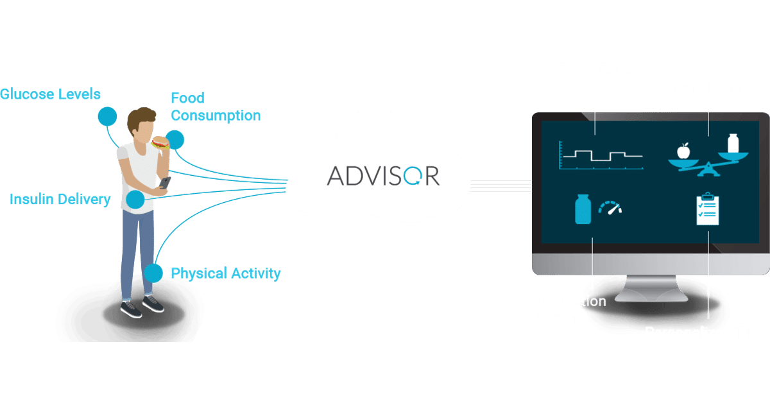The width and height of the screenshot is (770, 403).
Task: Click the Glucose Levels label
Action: (x=50, y=95)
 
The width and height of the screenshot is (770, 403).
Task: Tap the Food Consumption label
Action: (x=216, y=107)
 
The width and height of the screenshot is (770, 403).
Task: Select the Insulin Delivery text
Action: (x=60, y=200)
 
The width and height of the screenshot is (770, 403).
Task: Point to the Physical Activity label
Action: (x=225, y=274)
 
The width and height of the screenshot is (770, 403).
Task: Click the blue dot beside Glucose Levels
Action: (x=107, y=116)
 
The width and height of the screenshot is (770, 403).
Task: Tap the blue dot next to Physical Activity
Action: (x=153, y=273)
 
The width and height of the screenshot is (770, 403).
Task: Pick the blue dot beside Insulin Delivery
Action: (x=135, y=200)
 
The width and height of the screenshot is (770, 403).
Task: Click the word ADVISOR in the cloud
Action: (x=384, y=175)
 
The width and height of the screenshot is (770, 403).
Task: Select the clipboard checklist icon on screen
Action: (x=707, y=209)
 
